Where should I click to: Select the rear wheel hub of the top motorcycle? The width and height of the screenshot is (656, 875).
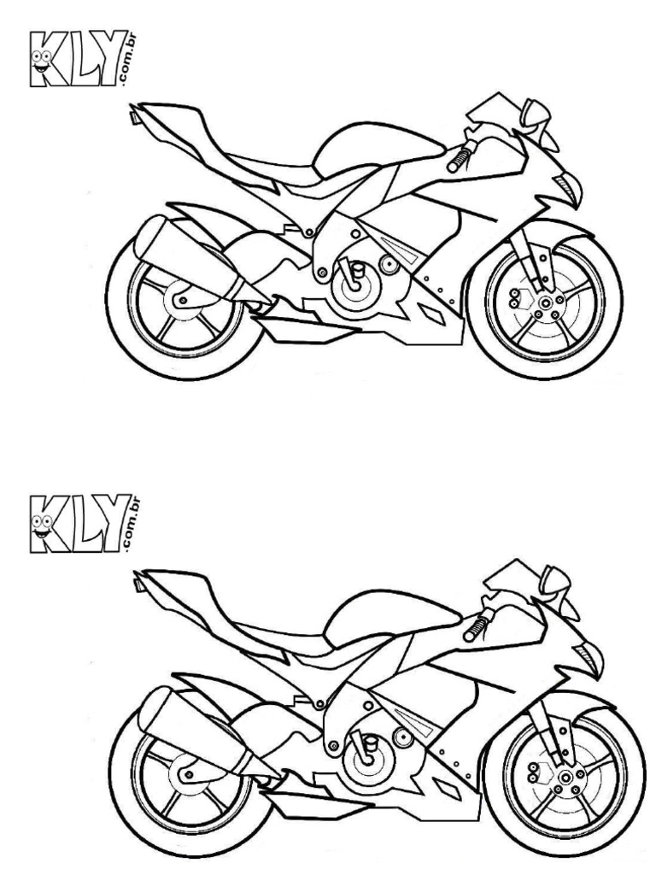(x=181, y=299)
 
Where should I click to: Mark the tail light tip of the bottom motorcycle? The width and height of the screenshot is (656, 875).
(x=139, y=584)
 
